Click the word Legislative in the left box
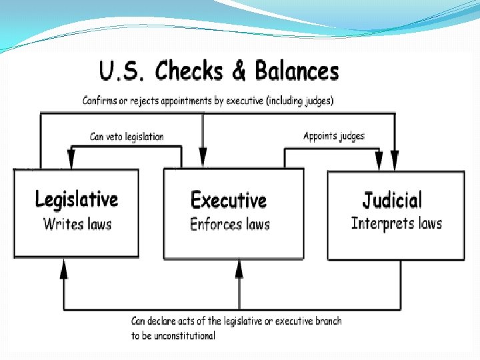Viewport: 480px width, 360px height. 76,200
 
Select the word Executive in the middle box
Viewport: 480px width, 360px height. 229,200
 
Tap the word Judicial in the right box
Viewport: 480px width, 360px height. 392,200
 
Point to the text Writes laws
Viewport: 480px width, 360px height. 77,223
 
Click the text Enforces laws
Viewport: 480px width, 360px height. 230,224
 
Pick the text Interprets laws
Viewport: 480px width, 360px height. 396,223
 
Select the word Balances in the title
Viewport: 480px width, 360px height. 294,71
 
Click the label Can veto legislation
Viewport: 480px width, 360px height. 127,137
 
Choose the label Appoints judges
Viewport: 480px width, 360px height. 334,136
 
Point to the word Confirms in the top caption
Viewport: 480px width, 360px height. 102,101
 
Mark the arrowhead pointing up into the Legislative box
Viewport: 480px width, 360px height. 64,268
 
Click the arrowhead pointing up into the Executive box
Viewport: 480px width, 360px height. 239,268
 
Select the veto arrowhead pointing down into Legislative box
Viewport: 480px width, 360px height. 71,161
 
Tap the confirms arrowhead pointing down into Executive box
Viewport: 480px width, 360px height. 203,161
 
